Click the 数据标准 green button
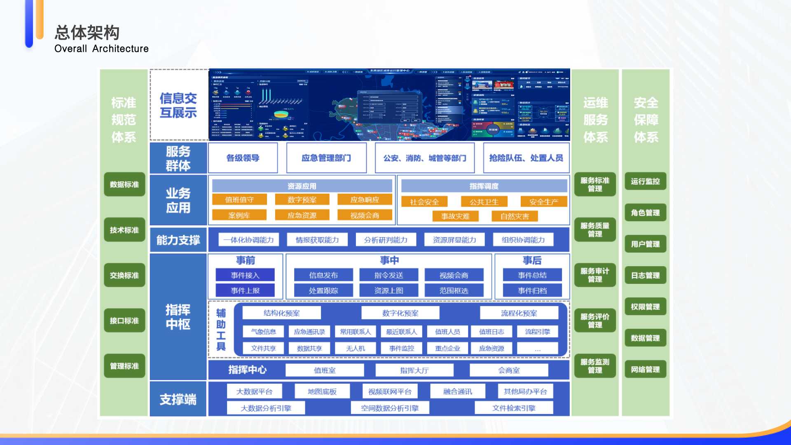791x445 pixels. [124, 185]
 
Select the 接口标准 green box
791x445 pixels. [124, 321]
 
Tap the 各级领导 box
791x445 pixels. [243, 158]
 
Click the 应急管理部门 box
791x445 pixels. [326, 158]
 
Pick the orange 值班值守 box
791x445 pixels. [239, 200]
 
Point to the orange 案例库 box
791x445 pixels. [239, 215]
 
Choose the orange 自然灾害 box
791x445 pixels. [515, 216]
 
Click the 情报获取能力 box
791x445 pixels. [317, 240]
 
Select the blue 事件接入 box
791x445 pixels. [245, 275]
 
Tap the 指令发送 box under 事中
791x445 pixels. [388, 275]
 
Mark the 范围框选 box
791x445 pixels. [454, 290]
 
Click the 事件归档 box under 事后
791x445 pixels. [532, 290]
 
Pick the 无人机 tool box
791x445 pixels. [356, 349]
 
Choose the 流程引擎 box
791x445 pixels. [537, 332]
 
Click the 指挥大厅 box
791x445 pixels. [414, 370]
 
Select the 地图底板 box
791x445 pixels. [322, 391]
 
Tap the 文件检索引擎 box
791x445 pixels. [514, 408]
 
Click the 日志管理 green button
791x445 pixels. [645, 275]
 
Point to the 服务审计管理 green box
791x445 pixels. [595, 275]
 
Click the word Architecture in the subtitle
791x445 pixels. [120, 49]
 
